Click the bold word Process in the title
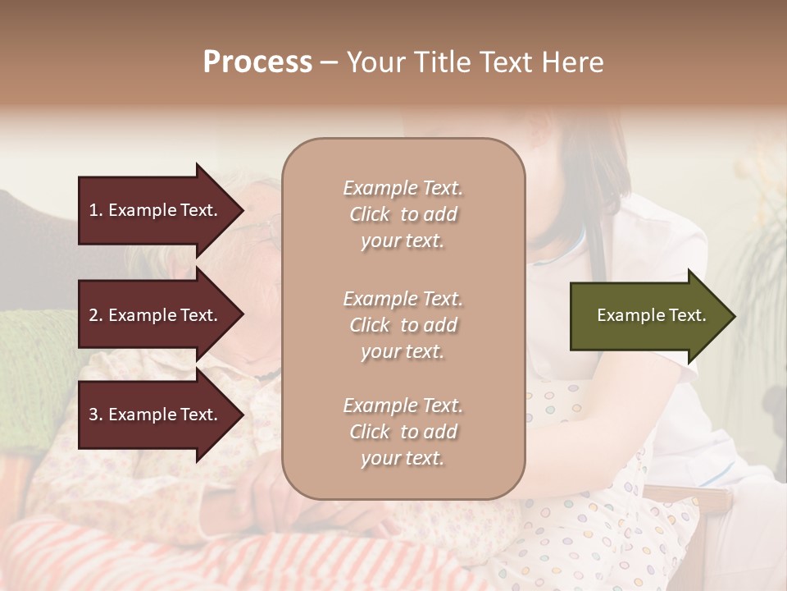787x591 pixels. [x=257, y=62]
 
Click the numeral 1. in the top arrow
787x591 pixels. [x=96, y=210]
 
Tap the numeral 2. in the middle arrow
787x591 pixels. [x=96, y=315]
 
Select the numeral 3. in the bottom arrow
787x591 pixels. [x=96, y=415]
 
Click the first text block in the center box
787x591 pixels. [x=403, y=214]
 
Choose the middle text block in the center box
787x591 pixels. [x=403, y=325]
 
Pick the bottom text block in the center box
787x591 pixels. [x=403, y=432]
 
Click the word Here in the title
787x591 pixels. [x=575, y=62]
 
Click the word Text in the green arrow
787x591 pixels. [x=687, y=315]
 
